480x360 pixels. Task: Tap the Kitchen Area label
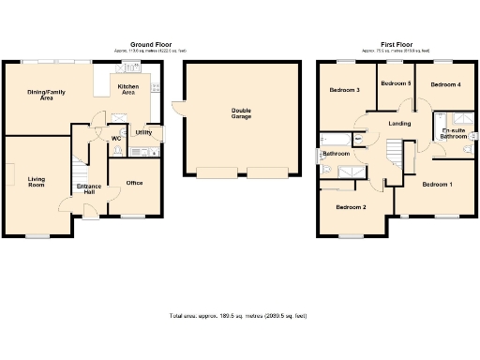[127, 89]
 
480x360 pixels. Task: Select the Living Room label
[37, 181]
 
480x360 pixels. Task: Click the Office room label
[134, 182]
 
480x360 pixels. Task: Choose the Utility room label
[143, 132]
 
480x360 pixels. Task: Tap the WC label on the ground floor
[116, 139]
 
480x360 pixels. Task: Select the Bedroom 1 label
[437, 184]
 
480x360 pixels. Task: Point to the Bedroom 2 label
[351, 206]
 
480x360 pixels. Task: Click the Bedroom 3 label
[345, 90]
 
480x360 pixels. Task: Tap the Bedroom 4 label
[444, 84]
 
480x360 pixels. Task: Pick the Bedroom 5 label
[396, 83]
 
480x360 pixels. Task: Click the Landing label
[399, 123]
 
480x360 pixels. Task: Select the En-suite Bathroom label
[454, 133]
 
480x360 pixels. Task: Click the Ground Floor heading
[149, 44]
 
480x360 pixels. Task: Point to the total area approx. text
[238, 316]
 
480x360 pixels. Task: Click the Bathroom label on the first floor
[336, 153]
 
